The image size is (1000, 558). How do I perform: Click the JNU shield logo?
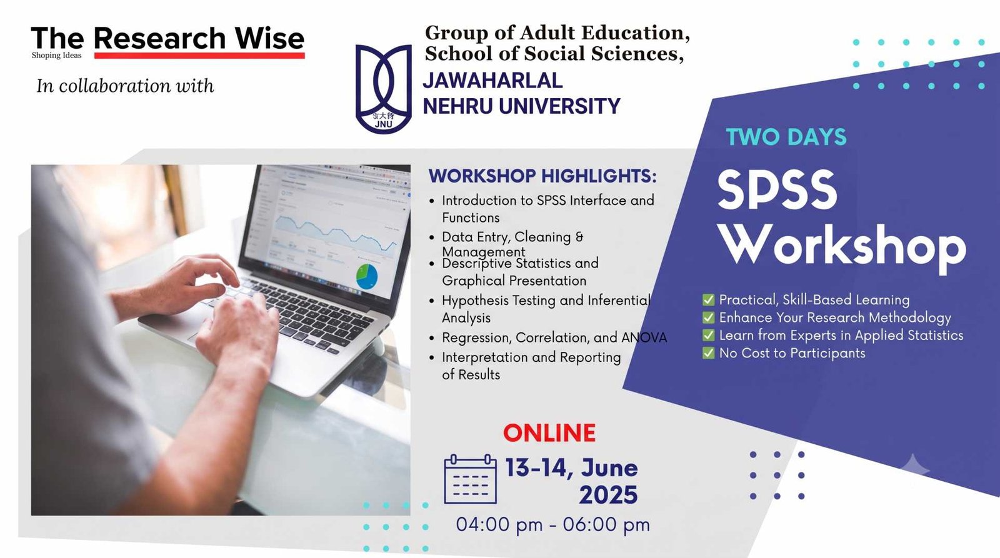(384, 89)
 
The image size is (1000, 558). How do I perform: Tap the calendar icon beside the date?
(470, 479)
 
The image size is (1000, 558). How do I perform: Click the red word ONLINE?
(549, 432)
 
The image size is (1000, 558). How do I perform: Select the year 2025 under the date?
(608, 495)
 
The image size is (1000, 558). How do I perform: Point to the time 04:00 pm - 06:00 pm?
(552, 524)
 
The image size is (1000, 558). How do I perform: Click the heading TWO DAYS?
(786, 137)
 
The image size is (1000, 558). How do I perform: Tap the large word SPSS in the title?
(777, 190)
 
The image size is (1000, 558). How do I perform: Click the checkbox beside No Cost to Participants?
(709, 353)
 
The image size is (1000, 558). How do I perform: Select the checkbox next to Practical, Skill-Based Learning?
(709, 299)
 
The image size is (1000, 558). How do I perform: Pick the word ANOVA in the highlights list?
(644, 337)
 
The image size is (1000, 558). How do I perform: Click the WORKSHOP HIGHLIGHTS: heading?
(542, 176)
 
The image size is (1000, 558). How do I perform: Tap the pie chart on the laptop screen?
(367, 277)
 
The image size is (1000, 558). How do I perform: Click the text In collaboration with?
(125, 86)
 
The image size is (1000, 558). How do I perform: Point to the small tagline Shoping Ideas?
(57, 56)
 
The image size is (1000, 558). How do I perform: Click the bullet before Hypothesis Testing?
(431, 301)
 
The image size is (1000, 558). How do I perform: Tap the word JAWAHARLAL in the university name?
(492, 81)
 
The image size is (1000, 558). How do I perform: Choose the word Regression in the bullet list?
(477, 338)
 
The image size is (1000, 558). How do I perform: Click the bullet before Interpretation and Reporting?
(431, 357)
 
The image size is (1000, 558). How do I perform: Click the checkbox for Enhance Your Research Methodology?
(709, 317)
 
